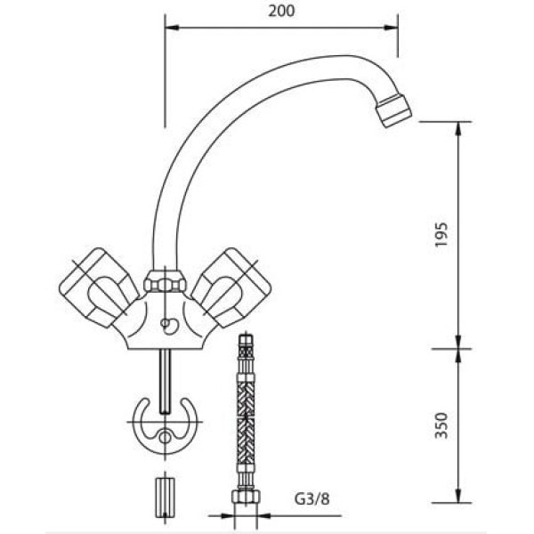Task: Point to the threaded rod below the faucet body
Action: [x=166, y=379]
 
